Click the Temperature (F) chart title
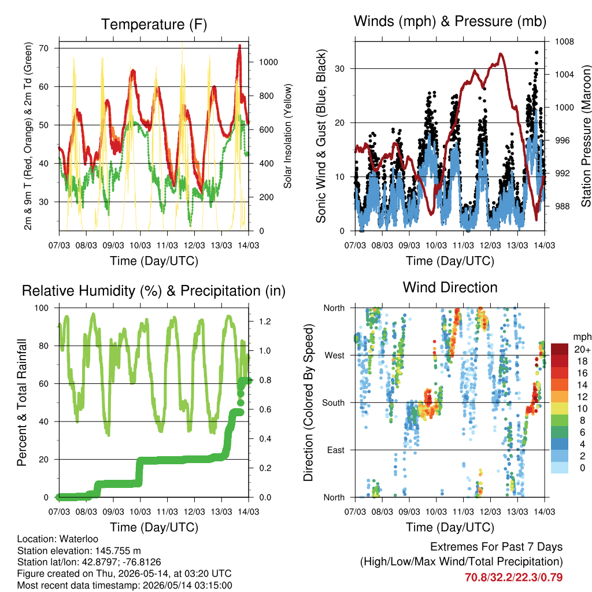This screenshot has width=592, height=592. [x=154, y=24]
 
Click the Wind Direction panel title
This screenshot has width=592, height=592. [x=450, y=287]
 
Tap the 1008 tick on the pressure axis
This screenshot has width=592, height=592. [x=564, y=42]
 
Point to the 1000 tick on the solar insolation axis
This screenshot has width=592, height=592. [x=268, y=62]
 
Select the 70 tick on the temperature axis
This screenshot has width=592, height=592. [x=44, y=49]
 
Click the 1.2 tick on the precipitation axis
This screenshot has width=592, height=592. [x=265, y=321]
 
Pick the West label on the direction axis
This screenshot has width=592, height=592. [x=335, y=356]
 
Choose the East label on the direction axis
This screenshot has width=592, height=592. [x=336, y=450]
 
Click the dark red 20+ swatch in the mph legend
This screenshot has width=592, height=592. [x=559, y=349]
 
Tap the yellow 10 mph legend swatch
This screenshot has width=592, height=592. [x=559, y=409]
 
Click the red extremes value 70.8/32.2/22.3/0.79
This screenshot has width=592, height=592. [x=513, y=578]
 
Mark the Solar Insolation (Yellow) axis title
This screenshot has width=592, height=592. [x=288, y=136]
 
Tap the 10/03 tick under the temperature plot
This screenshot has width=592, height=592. [x=140, y=245]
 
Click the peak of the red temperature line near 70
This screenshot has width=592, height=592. [x=240, y=46]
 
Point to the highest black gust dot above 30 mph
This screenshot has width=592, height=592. [x=536, y=53]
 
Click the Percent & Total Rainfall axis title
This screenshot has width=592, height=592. [x=21, y=402]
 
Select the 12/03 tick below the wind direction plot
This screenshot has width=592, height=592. [x=490, y=512]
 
